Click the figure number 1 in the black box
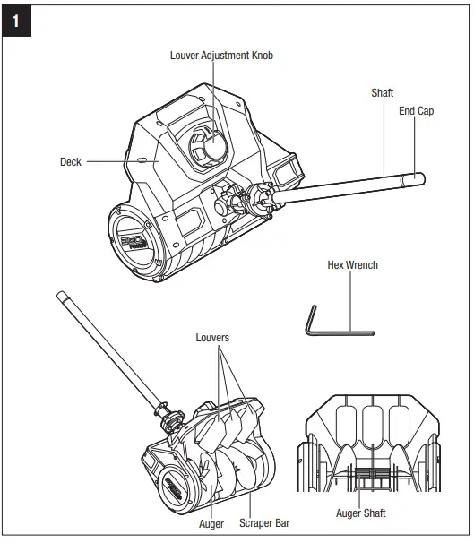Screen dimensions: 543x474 pos(19,19)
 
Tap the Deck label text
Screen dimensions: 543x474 pos(71,162)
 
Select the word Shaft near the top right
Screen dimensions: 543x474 pos(383,92)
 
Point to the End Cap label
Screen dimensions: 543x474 pos(416,111)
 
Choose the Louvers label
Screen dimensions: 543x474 pos(212,338)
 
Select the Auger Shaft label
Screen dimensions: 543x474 pos(360,513)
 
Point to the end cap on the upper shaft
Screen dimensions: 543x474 pos(415,180)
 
